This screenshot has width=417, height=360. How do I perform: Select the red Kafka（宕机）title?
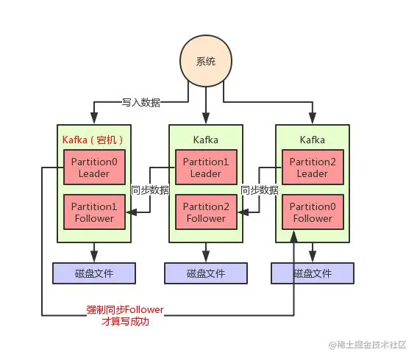93,140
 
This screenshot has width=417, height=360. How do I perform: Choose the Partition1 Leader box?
206,168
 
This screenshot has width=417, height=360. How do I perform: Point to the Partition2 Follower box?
206,212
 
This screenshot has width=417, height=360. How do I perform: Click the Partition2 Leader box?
313,168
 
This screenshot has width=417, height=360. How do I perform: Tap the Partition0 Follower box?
313,212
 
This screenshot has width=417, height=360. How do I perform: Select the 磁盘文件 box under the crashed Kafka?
93,273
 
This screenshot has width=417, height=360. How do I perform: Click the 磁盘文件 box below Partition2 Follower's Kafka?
206,273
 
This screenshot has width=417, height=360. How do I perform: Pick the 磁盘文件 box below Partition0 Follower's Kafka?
313,273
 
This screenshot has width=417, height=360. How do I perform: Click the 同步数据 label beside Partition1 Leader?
150,190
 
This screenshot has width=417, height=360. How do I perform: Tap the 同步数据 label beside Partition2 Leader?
260,190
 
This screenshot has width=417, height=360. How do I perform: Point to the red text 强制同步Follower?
125,310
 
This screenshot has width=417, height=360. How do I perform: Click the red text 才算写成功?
125,321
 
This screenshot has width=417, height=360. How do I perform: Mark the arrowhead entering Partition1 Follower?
130,212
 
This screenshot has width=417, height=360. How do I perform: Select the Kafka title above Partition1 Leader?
206,140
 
